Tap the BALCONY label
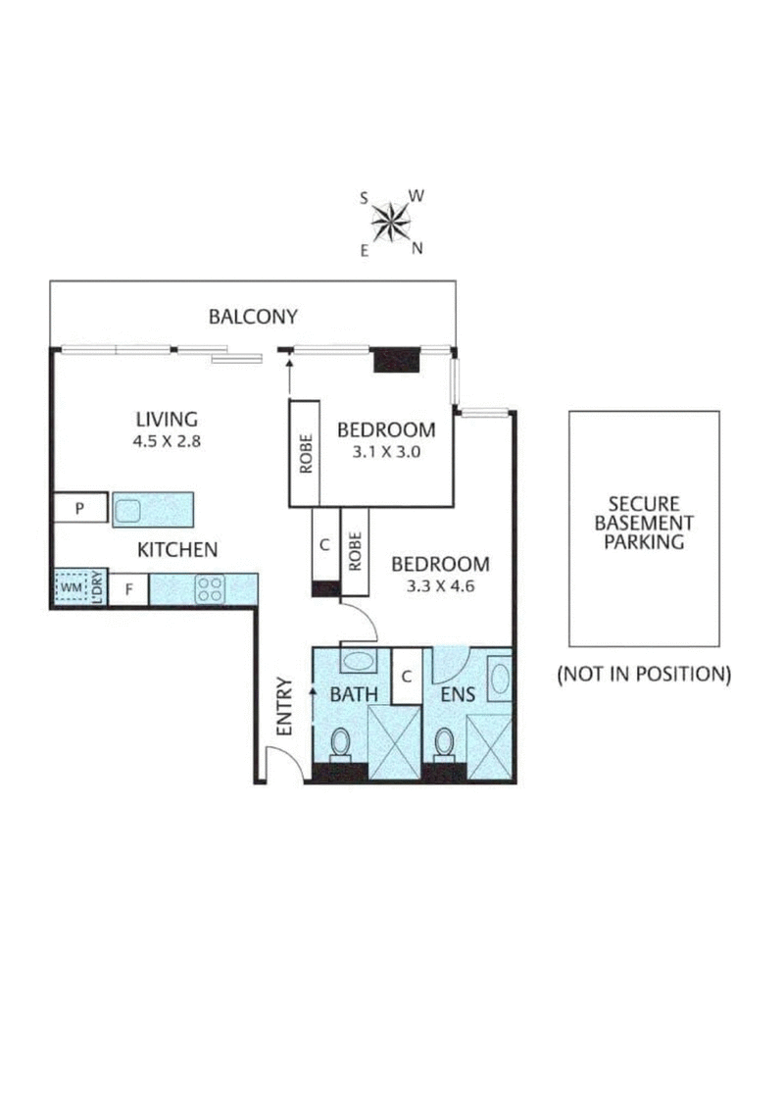pos(253,317)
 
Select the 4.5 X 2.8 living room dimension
pos(167,441)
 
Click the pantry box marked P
pos(81,509)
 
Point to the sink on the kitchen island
pos(129,510)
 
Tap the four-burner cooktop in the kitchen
pos(210,588)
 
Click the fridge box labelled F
pos(128,589)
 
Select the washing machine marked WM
pos(71,588)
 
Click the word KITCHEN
pos(176,550)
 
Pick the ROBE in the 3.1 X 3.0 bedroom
pos(305,452)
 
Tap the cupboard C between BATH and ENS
pos(407,677)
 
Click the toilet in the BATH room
pos(341,744)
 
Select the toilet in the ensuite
pos(444,745)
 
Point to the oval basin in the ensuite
pos(498,679)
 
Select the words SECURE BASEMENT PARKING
pos(644,522)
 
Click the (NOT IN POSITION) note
pos(644,674)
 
